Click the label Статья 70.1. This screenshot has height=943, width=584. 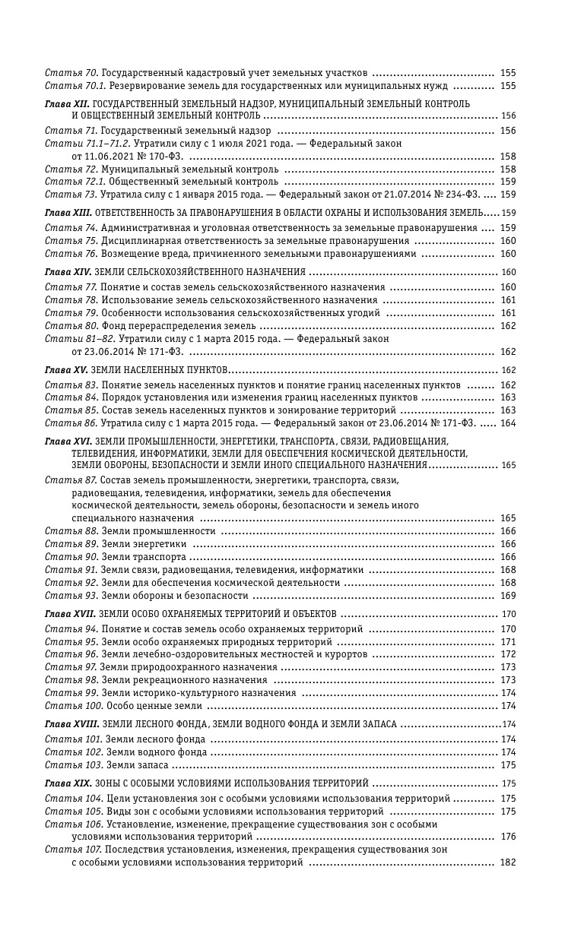[x=71, y=86]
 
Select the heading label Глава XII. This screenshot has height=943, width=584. [x=68, y=103]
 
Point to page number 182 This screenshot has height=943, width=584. [x=508, y=862]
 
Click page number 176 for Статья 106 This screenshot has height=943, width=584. [x=508, y=837]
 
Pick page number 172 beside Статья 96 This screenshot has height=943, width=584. [x=508, y=654]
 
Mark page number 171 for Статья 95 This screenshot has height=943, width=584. [x=508, y=642]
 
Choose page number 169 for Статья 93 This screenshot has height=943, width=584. [x=508, y=596]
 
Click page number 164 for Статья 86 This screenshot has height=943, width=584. [x=508, y=423]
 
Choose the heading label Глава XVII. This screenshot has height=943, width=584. [x=69, y=613]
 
